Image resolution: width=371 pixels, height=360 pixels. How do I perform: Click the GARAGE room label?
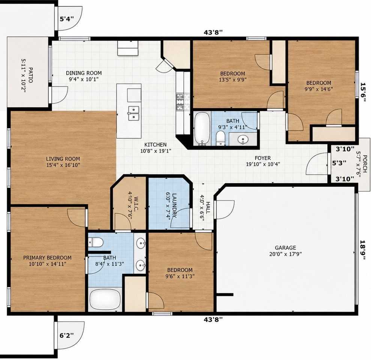click(285, 247)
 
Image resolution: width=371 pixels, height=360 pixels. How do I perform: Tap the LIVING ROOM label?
click(63, 159)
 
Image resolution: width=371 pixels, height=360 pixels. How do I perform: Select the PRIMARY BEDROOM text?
click(47, 258)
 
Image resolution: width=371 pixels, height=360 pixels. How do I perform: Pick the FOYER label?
click(263, 158)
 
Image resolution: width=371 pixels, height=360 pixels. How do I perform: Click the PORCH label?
click(365, 163)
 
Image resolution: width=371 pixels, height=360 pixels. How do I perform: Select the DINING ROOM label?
click(84, 73)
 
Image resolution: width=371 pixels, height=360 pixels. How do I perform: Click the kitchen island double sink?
click(134, 113)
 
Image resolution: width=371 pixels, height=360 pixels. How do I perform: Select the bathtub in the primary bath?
click(105, 299)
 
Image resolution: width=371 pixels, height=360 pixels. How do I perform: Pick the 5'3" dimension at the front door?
click(339, 163)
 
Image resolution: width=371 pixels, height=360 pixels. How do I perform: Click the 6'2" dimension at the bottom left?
click(66, 335)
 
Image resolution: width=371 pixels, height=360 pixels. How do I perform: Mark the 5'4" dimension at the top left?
click(67, 19)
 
